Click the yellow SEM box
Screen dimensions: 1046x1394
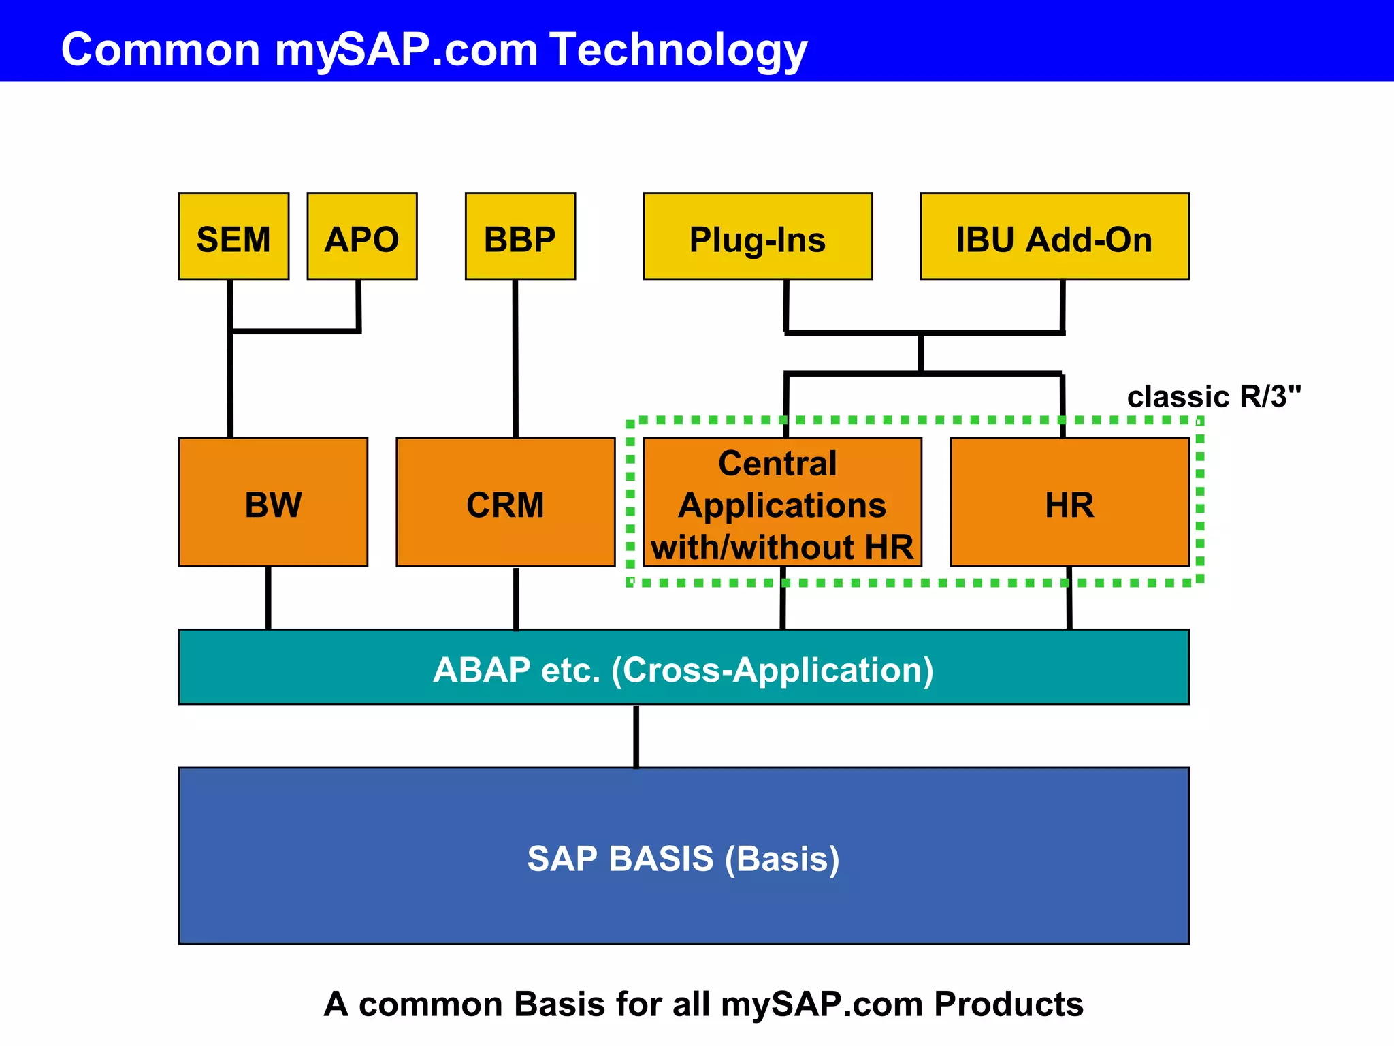coord(233,236)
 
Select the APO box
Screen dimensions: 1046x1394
coord(361,236)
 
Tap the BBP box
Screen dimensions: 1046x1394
coord(520,236)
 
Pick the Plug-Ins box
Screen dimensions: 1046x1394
coord(758,236)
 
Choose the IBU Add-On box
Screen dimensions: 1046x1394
coord(1054,236)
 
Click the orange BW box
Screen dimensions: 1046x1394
coord(273,502)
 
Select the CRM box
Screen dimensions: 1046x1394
coord(505,502)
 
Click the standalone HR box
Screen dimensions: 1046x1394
coord(1069,502)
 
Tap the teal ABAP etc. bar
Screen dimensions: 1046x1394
coord(683,667)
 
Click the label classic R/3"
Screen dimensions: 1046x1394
coord(1214,397)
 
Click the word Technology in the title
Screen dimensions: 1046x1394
coord(679,50)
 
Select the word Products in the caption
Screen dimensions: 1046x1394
coord(1008,1004)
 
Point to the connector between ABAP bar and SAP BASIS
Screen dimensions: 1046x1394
coord(636,736)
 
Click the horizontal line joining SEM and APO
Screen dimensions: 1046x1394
coord(295,332)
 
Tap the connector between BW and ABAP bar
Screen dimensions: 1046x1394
coord(268,598)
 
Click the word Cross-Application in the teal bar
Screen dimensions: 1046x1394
coord(772,670)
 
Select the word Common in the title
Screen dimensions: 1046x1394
coord(161,50)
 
